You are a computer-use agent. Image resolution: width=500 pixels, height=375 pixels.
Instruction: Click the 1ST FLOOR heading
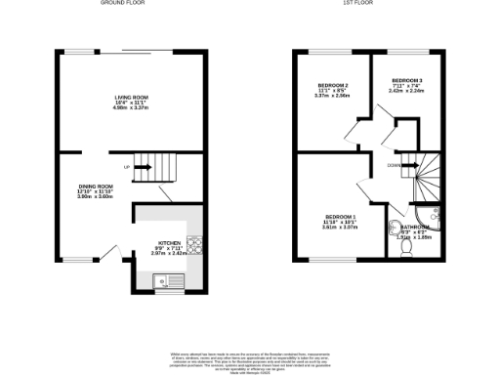tap(354, 4)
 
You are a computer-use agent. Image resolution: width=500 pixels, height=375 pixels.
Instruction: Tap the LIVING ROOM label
tap(132, 97)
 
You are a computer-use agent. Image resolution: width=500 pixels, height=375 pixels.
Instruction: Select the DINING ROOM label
tap(97, 185)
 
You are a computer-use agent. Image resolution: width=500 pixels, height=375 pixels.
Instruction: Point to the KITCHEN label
tap(169, 242)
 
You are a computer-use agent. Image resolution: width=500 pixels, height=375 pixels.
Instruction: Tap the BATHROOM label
tap(418, 228)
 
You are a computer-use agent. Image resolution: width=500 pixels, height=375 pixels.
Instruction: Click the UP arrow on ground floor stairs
tap(139, 167)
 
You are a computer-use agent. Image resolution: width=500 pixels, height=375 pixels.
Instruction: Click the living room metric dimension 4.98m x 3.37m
tap(132, 108)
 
